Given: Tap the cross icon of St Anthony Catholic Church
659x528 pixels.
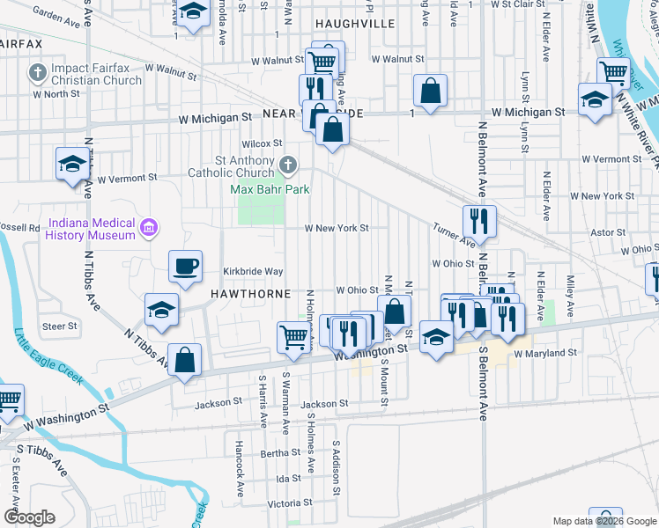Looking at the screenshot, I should (287, 164).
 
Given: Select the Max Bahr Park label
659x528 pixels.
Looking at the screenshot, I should (263, 188).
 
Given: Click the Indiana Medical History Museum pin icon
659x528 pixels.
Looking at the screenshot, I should (149, 230).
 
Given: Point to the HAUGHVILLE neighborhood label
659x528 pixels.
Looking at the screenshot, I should (355, 24).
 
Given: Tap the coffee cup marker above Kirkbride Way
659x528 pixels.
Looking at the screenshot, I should (185, 267).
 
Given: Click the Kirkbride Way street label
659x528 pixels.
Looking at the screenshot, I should (252, 272).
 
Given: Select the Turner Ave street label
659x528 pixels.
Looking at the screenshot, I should (454, 234).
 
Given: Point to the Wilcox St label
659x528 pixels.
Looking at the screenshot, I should (263, 143).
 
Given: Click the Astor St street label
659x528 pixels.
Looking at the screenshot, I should (608, 232).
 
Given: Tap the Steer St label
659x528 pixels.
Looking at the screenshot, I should (60, 326).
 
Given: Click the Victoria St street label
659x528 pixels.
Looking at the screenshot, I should (289, 504).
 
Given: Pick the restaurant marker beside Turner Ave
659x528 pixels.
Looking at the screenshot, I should (479, 222).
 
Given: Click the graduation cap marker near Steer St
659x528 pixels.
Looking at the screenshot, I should (162, 310).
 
